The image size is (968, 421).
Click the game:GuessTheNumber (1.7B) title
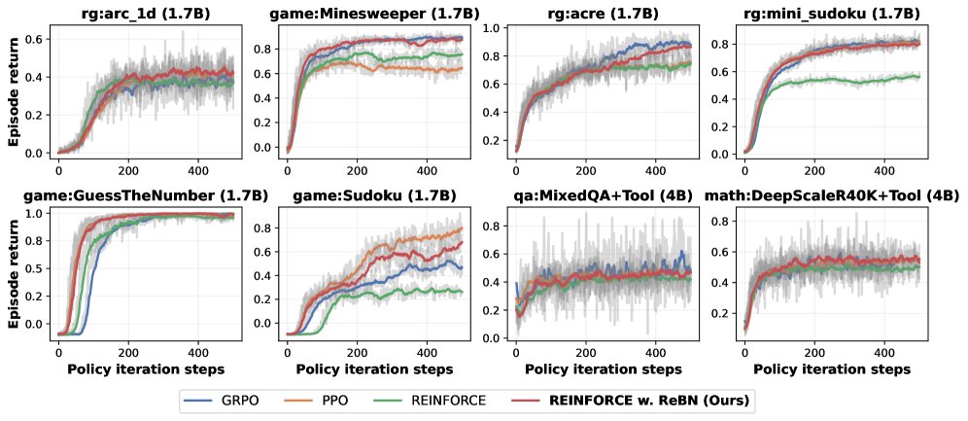coord(143,193)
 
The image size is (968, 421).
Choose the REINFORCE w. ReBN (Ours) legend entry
coord(641,400)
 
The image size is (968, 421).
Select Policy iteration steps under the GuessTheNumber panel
coord(143,369)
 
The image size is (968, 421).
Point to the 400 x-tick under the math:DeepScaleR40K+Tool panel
coord(884,351)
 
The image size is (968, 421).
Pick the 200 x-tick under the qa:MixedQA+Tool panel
coord(586,351)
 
